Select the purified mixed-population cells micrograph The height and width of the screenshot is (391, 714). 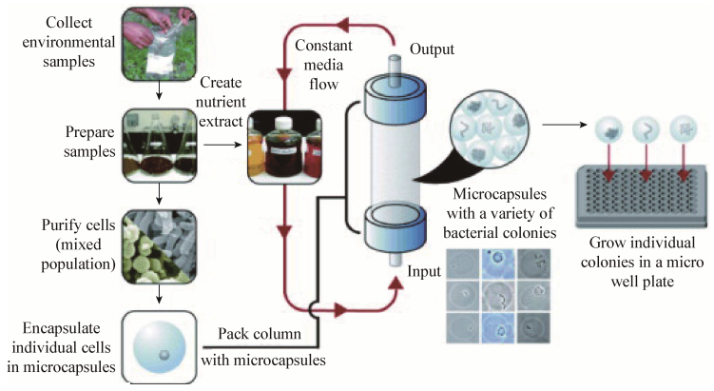pos(158,250)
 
